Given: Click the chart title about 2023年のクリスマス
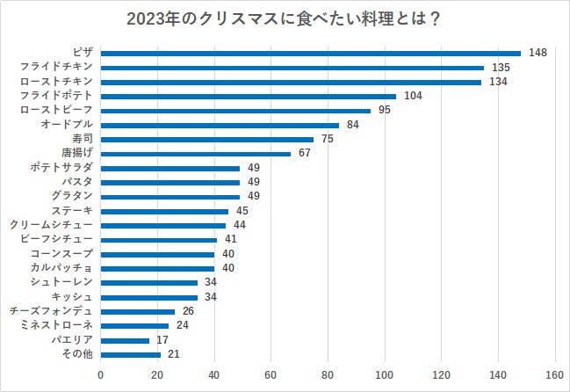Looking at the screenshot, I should [x=285, y=18].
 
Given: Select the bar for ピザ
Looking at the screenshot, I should [x=311, y=53].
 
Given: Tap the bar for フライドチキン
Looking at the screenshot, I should [x=292, y=67].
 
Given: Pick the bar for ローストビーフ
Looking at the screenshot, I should [x=235, y=111].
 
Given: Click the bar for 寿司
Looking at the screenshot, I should [x=207, y=139].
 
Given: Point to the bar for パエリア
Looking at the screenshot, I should [x=125, y=339].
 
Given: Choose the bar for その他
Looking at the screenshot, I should [x=131, y=354].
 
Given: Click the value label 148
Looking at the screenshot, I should [x=538, y=53].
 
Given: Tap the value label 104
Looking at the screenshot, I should [x=413, y=96].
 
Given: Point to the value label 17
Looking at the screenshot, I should [x=162, y=339].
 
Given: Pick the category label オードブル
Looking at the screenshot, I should [x=67, y=125].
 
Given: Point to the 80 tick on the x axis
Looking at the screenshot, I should [x=328, y=376].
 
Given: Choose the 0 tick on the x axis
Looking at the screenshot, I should [x=101, y=376].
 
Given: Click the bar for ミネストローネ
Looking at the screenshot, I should [x=134, y=325].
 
